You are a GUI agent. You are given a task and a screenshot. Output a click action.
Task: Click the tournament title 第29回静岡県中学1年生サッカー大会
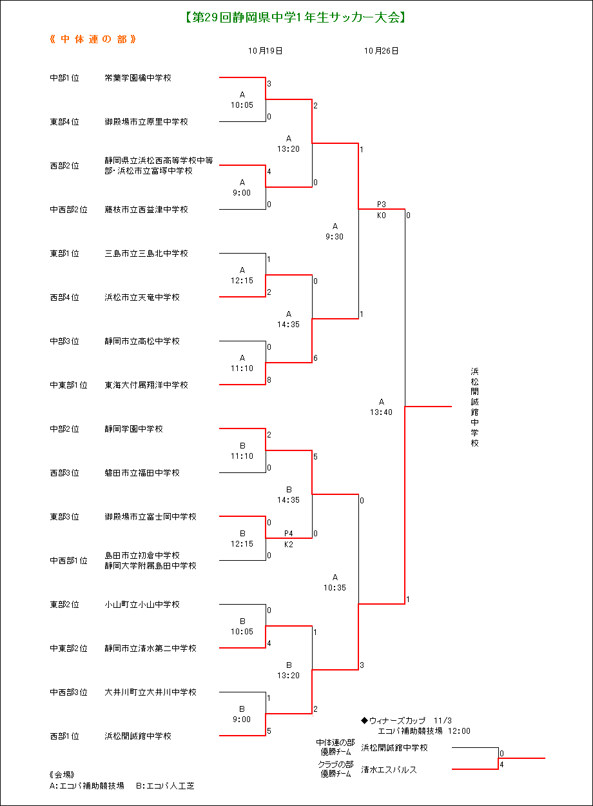coord(295,17)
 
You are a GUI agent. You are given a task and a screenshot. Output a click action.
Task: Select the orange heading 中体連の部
coord(93,39)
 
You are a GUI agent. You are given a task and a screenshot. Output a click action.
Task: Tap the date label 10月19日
coord(265,51)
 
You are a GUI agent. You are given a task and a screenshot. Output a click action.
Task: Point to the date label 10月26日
coord(382,51)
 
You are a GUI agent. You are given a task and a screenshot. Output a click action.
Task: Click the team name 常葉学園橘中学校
coord(138,77)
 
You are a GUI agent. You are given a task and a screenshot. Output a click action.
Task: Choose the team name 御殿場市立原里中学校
coord(146,121)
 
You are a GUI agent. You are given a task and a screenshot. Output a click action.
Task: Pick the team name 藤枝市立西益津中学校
coord(146,210)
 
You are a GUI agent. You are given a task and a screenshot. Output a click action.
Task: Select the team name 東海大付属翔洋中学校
coord(146,385)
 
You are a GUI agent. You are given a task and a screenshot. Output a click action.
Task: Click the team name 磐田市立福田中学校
coord(142,473)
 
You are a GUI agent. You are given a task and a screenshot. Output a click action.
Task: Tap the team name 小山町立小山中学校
coord(142,605)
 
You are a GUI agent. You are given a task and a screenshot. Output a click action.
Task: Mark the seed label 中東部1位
coord(68,385)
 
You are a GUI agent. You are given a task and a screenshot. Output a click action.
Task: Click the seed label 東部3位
coord(64,517)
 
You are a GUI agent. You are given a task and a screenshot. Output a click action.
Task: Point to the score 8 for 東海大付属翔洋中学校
coord(269,380)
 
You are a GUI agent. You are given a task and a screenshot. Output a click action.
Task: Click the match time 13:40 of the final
coord(382,412)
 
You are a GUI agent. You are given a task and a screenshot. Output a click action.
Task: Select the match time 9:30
coord(335,236)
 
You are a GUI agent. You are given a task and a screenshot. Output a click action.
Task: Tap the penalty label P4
coord(289,533)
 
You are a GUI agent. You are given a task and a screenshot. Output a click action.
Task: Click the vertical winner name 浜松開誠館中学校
coord(474,407)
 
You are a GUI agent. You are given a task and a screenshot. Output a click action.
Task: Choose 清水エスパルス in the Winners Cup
coord(389,770)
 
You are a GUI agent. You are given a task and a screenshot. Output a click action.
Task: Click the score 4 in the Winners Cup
coord(501,765)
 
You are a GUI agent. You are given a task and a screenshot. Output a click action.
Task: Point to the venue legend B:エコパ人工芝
coord(165,786)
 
